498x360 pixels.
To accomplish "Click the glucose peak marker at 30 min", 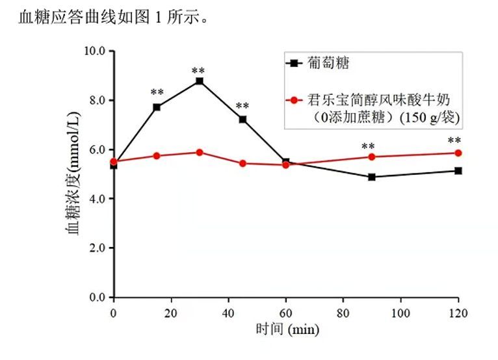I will [x=200, y=81].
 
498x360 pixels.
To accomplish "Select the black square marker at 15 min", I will [x=157, y=107].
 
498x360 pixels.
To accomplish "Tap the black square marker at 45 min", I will [x=242, y=120].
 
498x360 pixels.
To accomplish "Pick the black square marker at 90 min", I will [x=372, y=177].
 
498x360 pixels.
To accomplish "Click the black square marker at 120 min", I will [x=458, y=171].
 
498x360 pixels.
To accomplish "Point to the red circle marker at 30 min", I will [x=200, y=152].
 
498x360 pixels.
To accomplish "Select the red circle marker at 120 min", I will [x=458, y=153].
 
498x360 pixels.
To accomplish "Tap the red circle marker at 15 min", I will [x=157, y=156].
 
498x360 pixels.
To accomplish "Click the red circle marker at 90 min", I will [x=372, y=157].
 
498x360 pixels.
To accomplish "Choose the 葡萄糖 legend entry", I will [x=329, y=64].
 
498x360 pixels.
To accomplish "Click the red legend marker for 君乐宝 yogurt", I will [x=294, y=101].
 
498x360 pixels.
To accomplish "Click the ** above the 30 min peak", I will [x=198, y=71].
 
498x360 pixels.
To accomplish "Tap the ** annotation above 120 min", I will [x=454, y=141].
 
